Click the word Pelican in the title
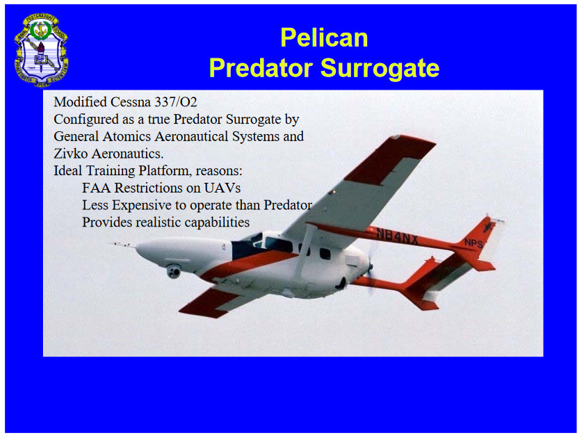(x=324, y=38)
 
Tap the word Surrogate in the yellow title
(x=380, y=68)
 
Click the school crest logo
(x=41, y=50)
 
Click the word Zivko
(x=71, y=154)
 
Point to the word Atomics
(x=127, y=136)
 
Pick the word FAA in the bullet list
(x=97, y=188)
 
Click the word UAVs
(x=222, y=188)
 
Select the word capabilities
(x=217, y=222)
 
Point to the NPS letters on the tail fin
(x=473, y=243)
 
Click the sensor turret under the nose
(x=174, y=271)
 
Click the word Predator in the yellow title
(x=261, y=68)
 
